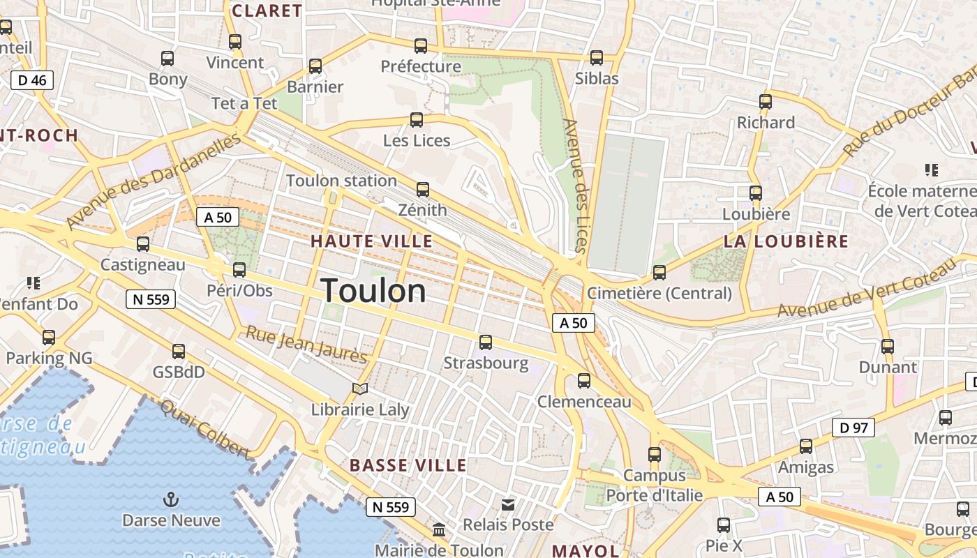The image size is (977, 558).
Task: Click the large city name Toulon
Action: (x=373, y=290)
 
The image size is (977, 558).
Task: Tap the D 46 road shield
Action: (x=32, y=80)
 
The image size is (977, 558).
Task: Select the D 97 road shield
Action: (x=853, y=428)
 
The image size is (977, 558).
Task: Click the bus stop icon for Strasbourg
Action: (x=486, y=342)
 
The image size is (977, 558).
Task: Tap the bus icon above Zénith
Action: (x=422, y=189)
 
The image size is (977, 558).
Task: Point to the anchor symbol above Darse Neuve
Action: (x=170, y=499)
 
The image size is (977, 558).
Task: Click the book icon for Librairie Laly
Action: (x=360, y=389)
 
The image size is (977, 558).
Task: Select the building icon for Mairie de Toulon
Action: (x=440, y=530)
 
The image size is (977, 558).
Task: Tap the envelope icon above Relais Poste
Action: (x=508, y=504)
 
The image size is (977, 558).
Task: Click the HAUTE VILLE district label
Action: (x=371, y=241)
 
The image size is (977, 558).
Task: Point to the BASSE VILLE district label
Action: (x=408, y=465)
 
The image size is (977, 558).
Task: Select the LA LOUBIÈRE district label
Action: (x=786, y=242)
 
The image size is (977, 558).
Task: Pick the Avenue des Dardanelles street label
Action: (x=154, y=181)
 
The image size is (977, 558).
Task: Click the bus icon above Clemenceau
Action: (x=584, y=381)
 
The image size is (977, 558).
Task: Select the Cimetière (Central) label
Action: (x=659, y=294)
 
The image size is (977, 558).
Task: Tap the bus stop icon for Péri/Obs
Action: (x=239, y=269)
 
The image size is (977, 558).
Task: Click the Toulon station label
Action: (x=341, y=181)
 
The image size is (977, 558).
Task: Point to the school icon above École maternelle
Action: (x=931, y=169)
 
